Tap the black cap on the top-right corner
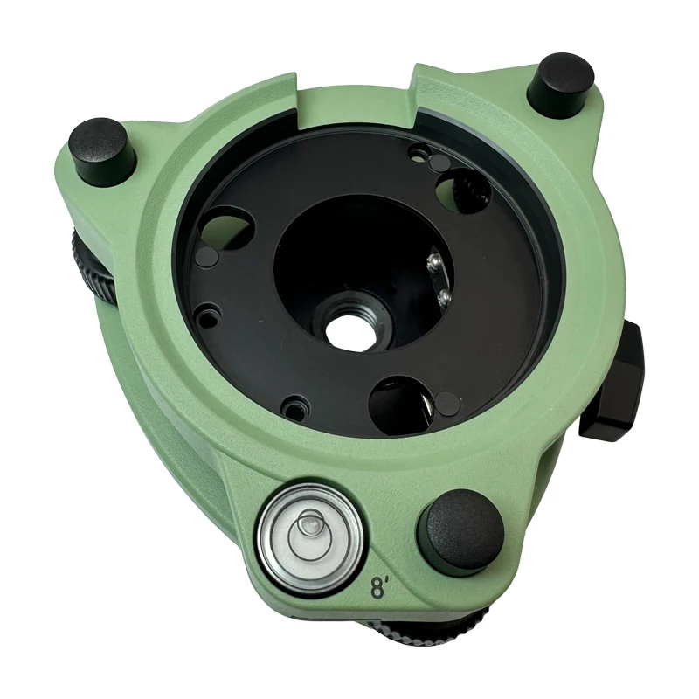[565, 80]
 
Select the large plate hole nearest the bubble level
[400, 401]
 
